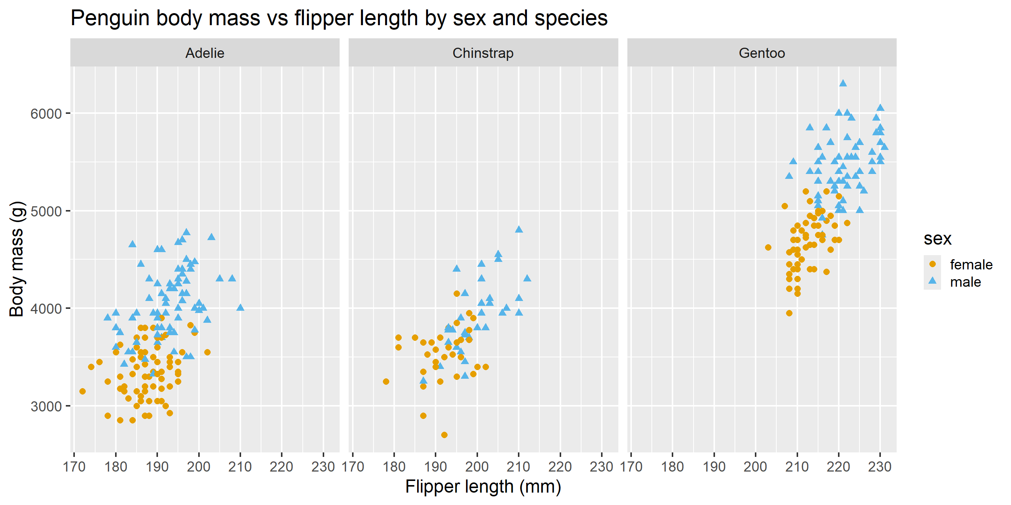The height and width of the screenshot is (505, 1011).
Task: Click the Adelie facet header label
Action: click(x=205, y=53)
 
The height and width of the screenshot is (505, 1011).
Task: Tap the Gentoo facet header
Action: click(x=761, y=53)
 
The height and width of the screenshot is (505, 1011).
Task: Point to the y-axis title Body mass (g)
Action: click(x=17, y=259)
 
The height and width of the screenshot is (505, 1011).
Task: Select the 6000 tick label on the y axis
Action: click(x=46, y=114)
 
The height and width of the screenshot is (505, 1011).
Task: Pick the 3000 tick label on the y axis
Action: click(x=46, y=406)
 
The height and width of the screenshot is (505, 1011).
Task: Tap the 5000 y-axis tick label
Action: click(x=46, y=211)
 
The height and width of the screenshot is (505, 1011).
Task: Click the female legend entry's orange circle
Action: click(x=932, y=264)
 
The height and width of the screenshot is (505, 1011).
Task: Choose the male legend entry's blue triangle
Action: click(x=932, y=281)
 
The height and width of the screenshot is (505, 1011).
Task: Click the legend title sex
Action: click(x=937, y=238)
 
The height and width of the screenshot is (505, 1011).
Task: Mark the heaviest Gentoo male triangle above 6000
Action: click(x=842, y=83)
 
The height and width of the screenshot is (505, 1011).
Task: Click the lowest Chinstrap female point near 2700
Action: click(x=444, y=435)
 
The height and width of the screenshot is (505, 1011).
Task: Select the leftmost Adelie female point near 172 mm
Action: click(x=82, y=391)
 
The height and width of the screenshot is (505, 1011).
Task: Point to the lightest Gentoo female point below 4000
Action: click(x=789, y=313)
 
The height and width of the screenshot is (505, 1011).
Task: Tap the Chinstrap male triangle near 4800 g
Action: click(x=519, y=229)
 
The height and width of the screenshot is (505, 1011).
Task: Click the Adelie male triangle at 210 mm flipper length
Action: click(x=240, y=307)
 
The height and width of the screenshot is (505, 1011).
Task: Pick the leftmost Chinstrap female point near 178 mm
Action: click(x=386, y=381)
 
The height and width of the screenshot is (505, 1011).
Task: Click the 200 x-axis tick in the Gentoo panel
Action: click(x=756, y=467)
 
